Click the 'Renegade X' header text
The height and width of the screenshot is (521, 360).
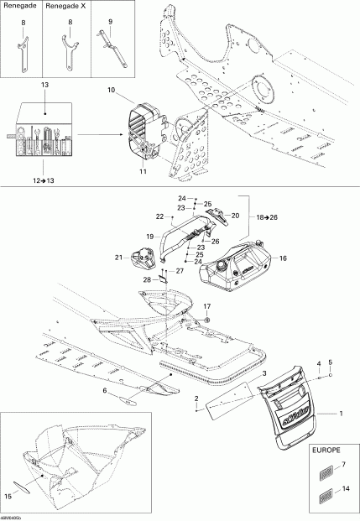tap(70, 8)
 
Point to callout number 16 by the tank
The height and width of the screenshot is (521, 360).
tap(282, 259)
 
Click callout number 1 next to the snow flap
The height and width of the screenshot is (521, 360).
tap(341, 414)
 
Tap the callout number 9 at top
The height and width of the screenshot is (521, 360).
tap(110, 20)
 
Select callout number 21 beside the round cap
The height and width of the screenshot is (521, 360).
tap(118, 258)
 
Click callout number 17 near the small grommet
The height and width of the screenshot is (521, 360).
tap(206, 305)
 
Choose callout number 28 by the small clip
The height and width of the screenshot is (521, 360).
tap(146, 279)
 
